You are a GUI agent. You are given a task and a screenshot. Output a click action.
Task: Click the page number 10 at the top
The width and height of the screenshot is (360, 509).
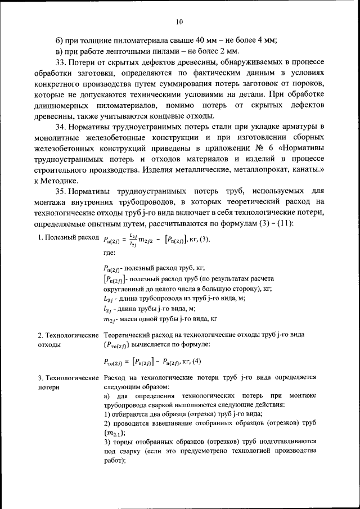pyautogui.click(x=179, y=22)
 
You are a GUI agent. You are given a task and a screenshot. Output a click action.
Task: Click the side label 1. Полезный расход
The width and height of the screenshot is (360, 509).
pyautogui.click(x=68, y=238)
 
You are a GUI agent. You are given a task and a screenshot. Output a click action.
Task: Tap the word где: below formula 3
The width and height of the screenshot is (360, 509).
pyautogui.click(x=111, y=253)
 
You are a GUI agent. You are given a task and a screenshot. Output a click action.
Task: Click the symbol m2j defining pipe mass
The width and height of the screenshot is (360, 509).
pyautogui.click(x=111, y=319)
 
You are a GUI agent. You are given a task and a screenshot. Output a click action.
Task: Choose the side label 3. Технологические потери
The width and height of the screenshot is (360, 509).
pyautogui.click(x=68, y=382)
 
